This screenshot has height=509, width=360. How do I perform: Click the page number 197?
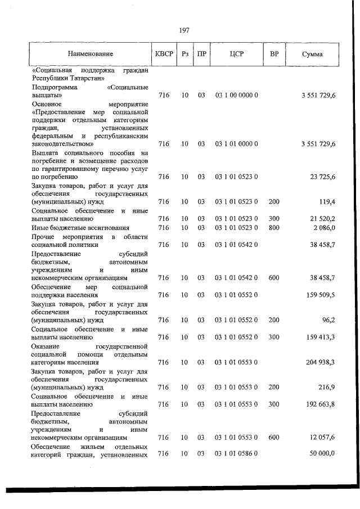184,30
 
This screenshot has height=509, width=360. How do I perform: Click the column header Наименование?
91,54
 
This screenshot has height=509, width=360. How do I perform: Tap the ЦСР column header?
236,54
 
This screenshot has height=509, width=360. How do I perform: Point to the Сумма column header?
312,54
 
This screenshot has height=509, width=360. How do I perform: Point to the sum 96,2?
327,320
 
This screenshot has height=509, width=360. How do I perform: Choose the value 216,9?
326,388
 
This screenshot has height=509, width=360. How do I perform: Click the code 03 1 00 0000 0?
236,96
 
